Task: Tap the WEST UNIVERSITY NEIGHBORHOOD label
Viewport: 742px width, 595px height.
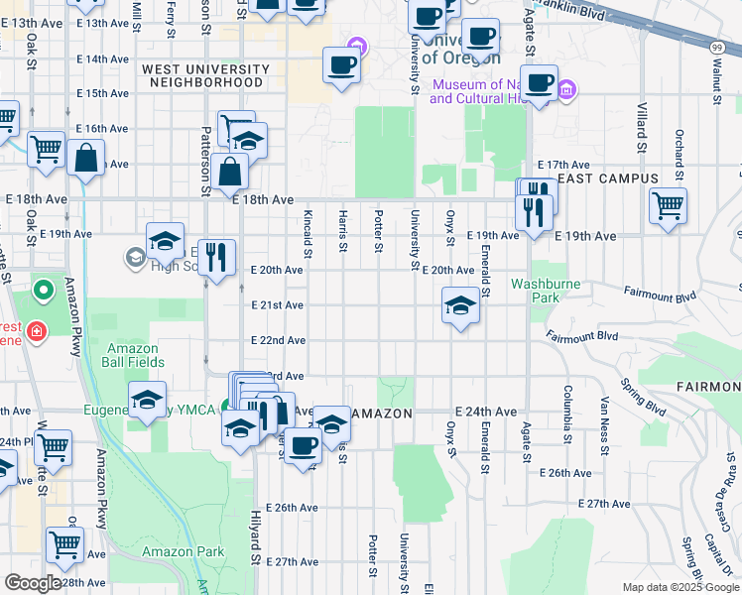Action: [x=205, y=75]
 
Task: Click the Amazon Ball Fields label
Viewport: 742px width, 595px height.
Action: [x=132, y=355]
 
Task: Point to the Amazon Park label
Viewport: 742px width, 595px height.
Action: [x=170, y=551]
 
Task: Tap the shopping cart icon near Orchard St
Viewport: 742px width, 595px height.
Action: [x=668, y=206]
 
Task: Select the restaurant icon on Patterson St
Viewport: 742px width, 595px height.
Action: [x=215, y=258]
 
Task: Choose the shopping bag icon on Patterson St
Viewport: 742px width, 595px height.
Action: [x=229, y=171]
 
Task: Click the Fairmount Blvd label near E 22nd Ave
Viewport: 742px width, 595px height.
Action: [x=581, y=336]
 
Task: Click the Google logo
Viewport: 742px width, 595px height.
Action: [x=33, y=583]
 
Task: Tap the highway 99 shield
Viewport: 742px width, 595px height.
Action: [x=716, y=46]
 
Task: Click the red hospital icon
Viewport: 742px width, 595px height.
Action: [x=36, y=330]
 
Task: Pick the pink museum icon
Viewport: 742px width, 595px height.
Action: [x=566, y=91]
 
